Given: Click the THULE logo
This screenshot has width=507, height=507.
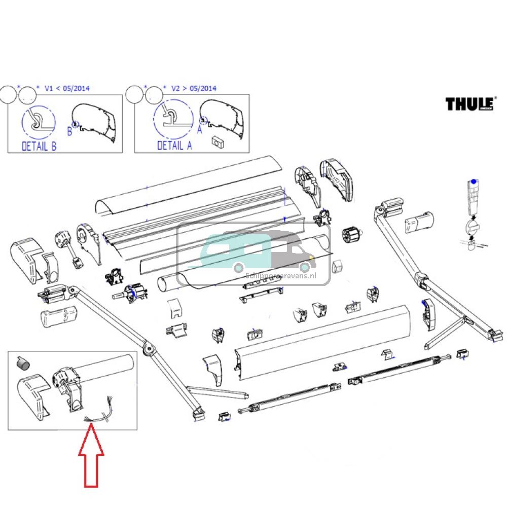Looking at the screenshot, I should [470, 104].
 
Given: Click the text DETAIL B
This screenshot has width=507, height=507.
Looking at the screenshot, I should [39, 147].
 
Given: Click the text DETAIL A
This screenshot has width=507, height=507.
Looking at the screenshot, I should [174, 146].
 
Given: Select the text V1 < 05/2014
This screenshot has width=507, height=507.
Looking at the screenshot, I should [67, 88].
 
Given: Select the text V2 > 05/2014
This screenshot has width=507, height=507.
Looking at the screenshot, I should [193, 88].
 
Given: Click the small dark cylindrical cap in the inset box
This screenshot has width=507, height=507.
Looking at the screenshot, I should [21, 361].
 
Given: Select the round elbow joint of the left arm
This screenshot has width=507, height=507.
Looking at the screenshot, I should [150, 349].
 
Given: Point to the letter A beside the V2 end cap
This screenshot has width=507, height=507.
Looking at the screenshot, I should [199, 130].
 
